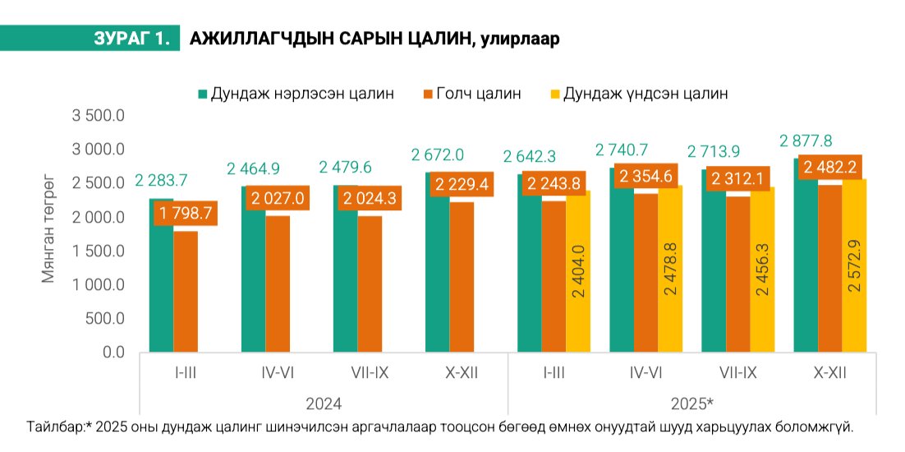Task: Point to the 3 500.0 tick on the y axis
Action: pos(98,116)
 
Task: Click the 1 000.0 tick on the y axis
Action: pos(98,284)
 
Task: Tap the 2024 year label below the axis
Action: pos(324,404)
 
